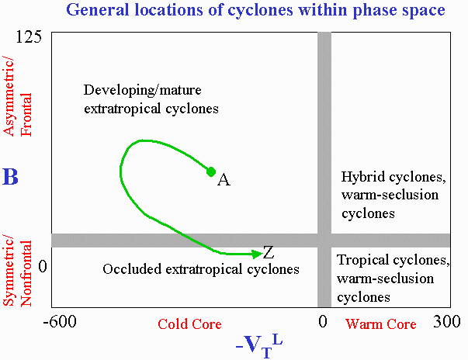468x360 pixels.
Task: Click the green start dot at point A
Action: (x=211, y=171)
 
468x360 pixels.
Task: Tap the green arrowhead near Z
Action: (x=257, y=254)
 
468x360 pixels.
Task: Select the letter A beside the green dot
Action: (x=224, y=180)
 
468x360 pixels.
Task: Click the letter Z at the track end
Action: (x=269, y=252)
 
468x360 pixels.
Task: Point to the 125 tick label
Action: (x=29, y=37)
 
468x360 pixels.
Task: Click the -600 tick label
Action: (x=60, y=322)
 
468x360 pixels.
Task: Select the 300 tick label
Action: (x=447, y=322)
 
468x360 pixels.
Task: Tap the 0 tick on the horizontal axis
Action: (x=323, y=322)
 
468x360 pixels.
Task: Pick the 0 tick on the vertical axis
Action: (x=43, y=266)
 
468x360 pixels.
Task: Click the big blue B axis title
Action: (x=10, y=177)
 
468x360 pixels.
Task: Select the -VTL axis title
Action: (x=259, y=346)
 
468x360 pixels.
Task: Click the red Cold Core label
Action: (x=189, y=324)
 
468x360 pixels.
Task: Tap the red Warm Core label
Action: (x=381, y=324)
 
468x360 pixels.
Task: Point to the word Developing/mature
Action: (x=142, y=90)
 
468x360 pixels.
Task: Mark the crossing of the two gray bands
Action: (x=324, y=241)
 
